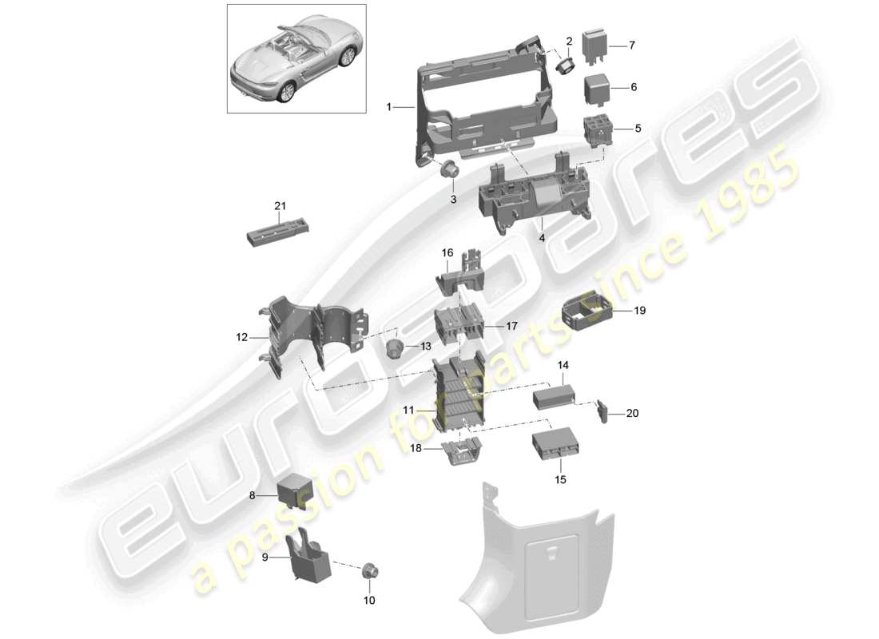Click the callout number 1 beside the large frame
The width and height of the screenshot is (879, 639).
click(x=389, y=107)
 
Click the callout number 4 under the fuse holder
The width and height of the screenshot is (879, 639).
click(x=541, y=237)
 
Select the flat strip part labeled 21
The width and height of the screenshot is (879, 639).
click(x=276, y=234)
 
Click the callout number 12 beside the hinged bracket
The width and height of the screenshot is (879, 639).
click(x=242, y=338)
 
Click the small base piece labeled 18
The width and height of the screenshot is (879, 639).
click(x=459, y=452)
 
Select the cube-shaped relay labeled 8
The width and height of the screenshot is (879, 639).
click(x=293, y=494)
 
